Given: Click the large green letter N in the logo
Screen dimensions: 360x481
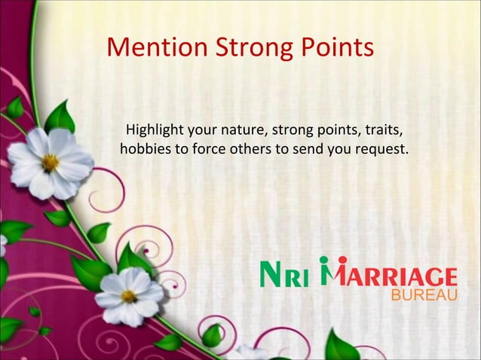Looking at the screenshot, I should [272, 275].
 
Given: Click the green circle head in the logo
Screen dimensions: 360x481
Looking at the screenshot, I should [324, 261].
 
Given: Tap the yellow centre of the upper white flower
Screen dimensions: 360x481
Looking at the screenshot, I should [50, 161].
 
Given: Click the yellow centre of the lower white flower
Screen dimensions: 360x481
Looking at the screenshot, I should [129, 295].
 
